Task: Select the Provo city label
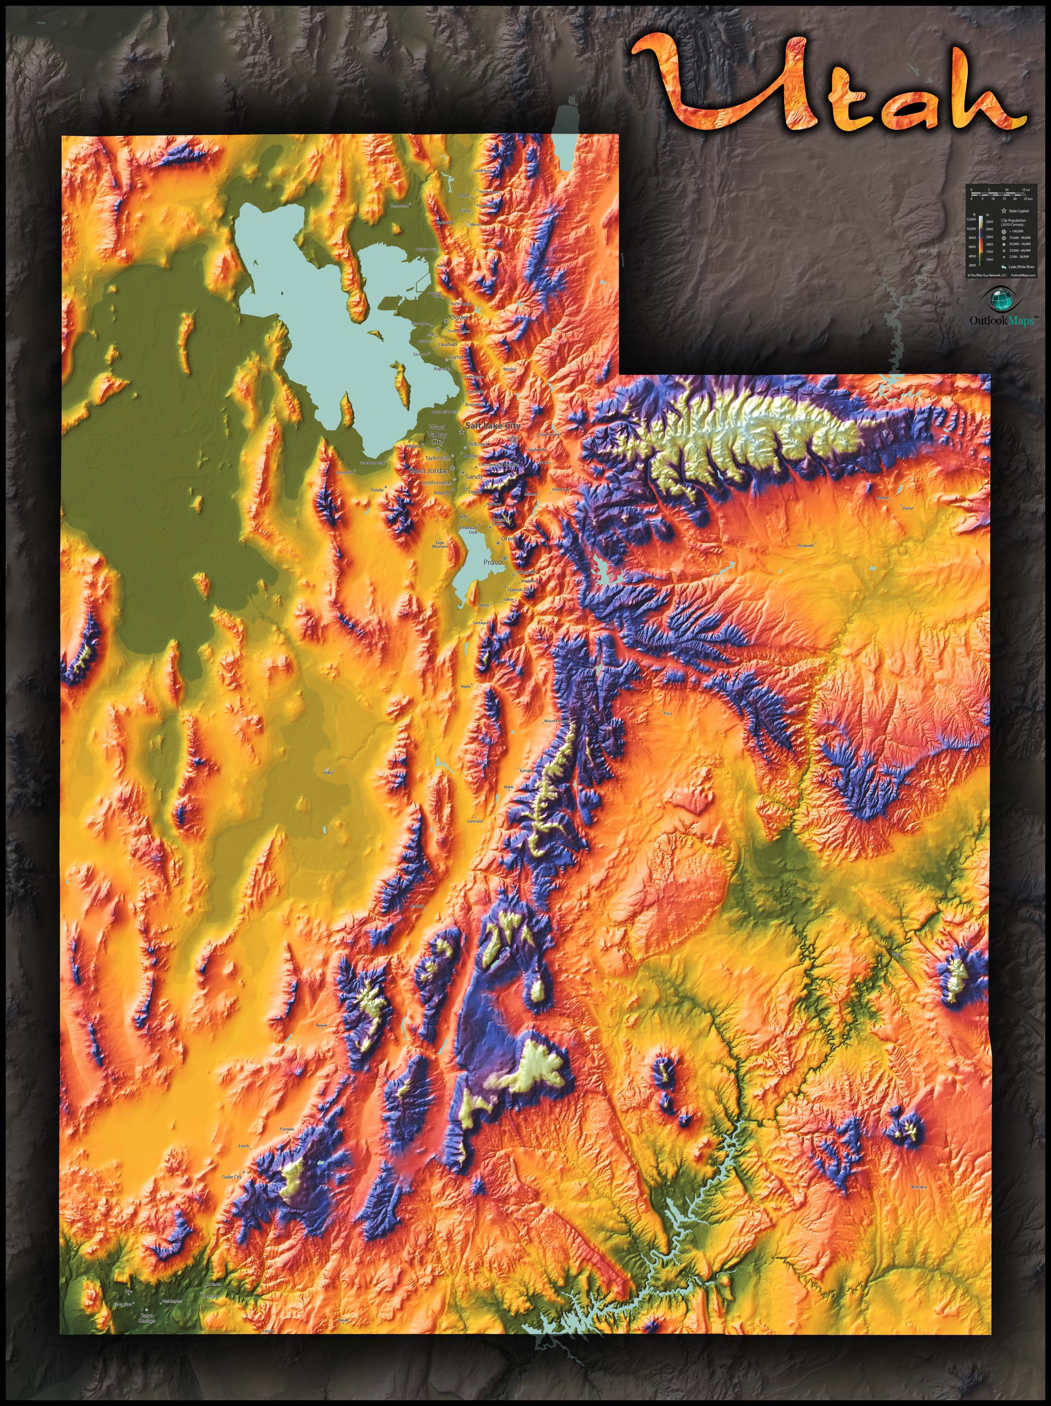493,562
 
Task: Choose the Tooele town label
378,489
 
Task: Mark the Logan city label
464,195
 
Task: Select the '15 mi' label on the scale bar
1026,189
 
